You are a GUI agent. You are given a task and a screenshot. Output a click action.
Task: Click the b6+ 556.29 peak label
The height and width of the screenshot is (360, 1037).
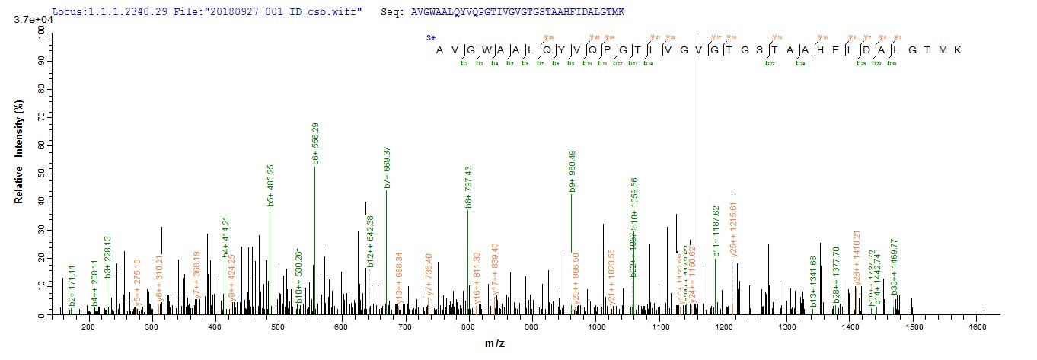tap(315, 144)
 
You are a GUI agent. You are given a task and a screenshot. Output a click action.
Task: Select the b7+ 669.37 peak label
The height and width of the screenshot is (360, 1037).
tap(387, 167)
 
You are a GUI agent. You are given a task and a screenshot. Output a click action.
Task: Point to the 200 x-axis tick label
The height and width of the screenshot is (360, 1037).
tap(88, 327)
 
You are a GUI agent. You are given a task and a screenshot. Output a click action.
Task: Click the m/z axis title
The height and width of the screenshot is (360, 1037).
tap(493, 345)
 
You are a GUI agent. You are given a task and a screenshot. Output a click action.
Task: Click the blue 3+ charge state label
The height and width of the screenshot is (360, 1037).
tap(429, 36)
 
